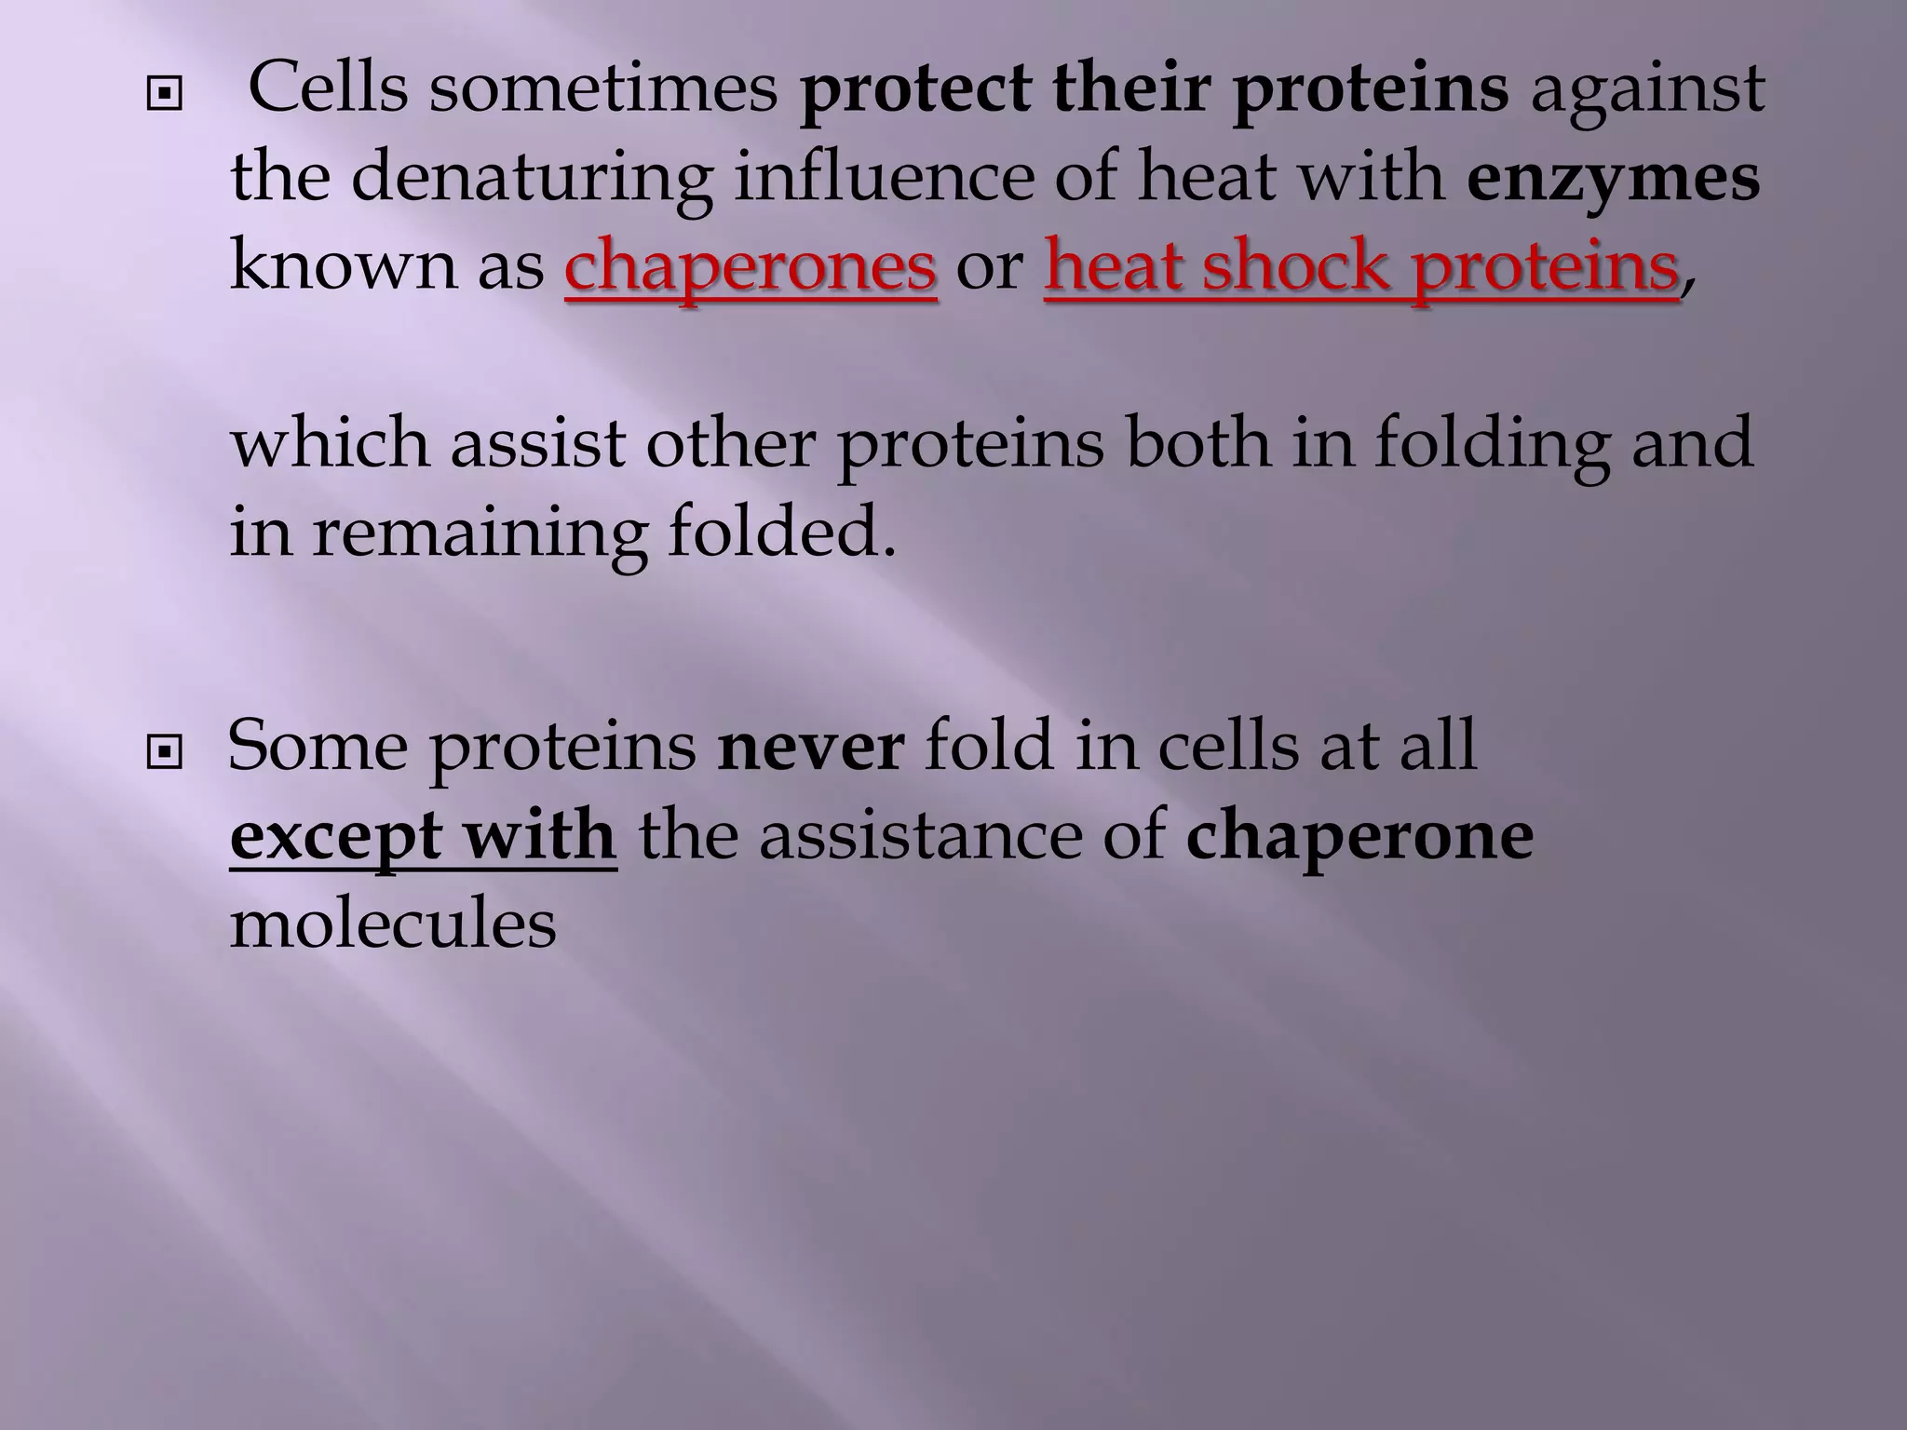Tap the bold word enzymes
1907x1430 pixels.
click(1614, 178)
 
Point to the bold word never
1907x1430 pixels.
click(810, 746)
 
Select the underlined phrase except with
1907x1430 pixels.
click(423, 836)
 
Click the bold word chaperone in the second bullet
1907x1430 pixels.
click(1359, 836)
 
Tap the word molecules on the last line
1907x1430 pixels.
click(393, 924)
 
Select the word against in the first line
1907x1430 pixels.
click(1647, 88)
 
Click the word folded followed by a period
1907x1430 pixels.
click(780, 533)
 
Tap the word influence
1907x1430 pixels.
click(884, 178)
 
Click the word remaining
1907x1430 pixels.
click(479, 533)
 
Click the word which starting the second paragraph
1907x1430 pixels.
click(331, 443)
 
